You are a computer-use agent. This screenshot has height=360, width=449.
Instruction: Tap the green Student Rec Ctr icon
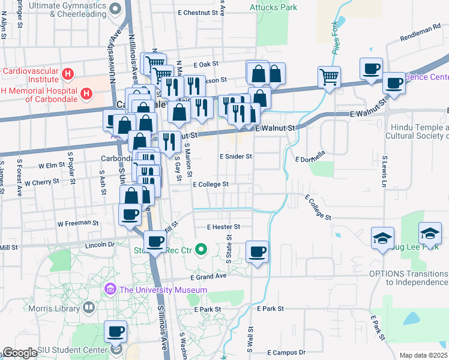pos(202,248)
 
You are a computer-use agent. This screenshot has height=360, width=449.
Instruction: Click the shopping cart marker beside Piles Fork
pos(329,76)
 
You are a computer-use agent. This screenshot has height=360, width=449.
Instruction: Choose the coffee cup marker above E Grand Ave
pos(257,251)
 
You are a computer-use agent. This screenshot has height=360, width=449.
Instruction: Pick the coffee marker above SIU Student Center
pos(115,331)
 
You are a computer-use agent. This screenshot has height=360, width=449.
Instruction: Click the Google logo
pos(20,353)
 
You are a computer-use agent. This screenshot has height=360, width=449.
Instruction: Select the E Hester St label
pos(223,227)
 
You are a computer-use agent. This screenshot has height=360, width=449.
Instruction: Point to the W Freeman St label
pos(78,223)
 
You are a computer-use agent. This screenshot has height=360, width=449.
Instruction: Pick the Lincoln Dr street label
pos(100,245)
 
